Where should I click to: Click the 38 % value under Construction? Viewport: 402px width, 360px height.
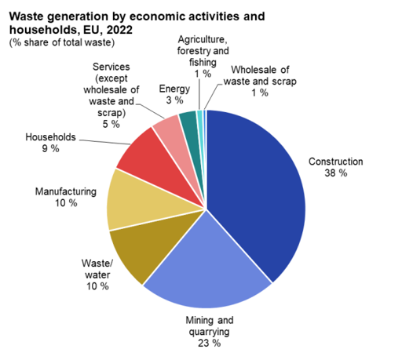(x=336, y=173)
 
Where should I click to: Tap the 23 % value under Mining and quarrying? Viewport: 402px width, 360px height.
(x=210, y=343)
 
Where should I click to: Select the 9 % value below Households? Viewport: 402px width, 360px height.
(x=51, y=149)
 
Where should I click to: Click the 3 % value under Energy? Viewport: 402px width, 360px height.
(x=174, y=100)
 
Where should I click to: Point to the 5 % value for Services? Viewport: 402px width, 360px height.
(x=111, y=124)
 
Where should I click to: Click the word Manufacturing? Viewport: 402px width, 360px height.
(x=66, y=191)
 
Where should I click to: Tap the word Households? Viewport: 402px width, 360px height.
(x=51, y=137)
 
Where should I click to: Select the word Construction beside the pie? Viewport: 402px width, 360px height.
(x=336, y=162)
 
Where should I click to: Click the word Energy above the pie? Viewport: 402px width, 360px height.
(x=174, y=89)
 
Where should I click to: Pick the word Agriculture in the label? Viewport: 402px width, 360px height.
(x=202, y=40)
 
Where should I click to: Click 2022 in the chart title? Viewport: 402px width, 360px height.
(x=119, y=30)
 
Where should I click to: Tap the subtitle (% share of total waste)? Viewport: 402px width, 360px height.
(x=62, y=42)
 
